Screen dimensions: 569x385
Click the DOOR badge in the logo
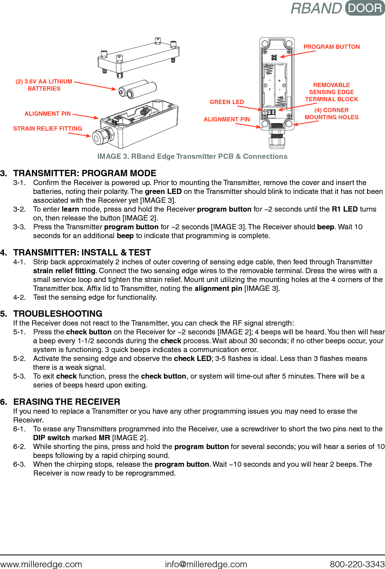tap(365, 8)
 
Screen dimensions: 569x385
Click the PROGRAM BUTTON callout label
tap(331, 47)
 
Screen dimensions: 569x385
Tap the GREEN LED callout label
tap(227, 102)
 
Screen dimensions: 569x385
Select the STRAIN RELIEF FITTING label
tap(47, 128)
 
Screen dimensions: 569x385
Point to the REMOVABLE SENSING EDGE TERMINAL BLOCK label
tap(331, 92)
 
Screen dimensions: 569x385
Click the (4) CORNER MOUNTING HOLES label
tap(331, 114)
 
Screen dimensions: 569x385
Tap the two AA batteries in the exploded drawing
tap(138, 89)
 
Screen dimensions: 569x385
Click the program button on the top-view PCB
tap(274, 57)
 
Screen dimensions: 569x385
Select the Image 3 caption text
tap(192, 156)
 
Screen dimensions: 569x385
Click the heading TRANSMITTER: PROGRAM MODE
tap(84, 173)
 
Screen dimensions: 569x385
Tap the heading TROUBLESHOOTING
tap(58, 314)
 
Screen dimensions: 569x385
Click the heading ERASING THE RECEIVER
tap(66, 402)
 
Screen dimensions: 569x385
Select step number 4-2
tap(19, 297)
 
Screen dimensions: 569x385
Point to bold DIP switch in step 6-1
tap(51, 438)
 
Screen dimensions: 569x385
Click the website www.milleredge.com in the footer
tap(41, 564)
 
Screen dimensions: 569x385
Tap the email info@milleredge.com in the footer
tap(206, 564)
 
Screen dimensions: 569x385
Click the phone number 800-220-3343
tap(357, 564)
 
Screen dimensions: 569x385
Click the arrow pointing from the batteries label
tap(95, 86)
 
